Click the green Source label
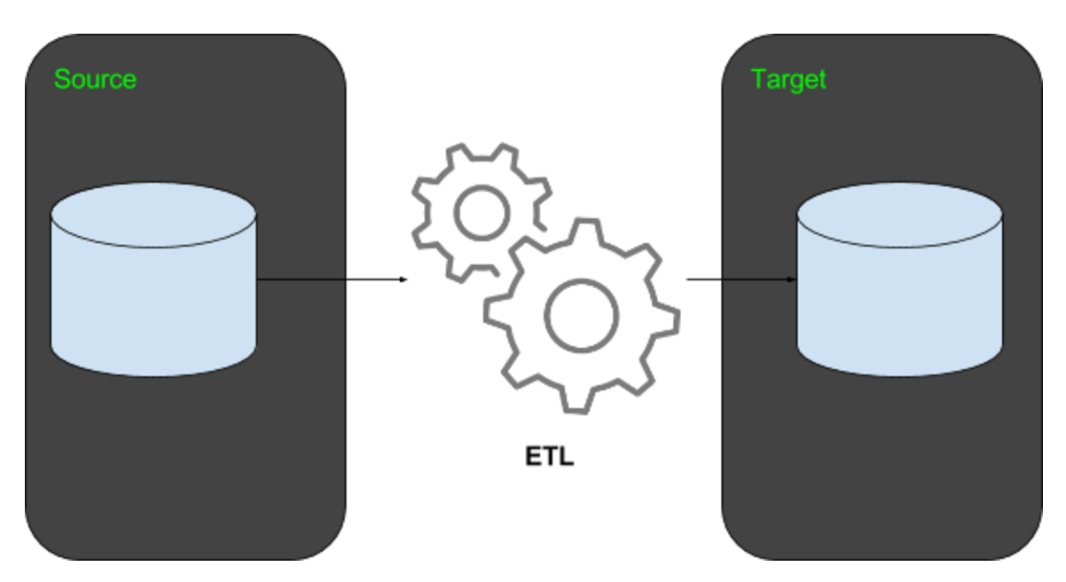pyautogui.click(x=95, y=79)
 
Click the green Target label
pyautogui.click(x=788, y=79)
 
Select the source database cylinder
pyautogui.click(x=153, y=293)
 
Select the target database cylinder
pyautogui.click(x=899, y=293)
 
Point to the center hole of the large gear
pyautogui.click(x=581, y=318)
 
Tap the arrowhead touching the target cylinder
pyautogui.click(x=792, y=279)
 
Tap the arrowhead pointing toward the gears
pyautogui.click(x=403, y=279)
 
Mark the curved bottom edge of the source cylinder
pyautogui.click(x=153, y=374)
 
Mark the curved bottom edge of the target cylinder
pyautogui.click(x=899, y=374)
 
